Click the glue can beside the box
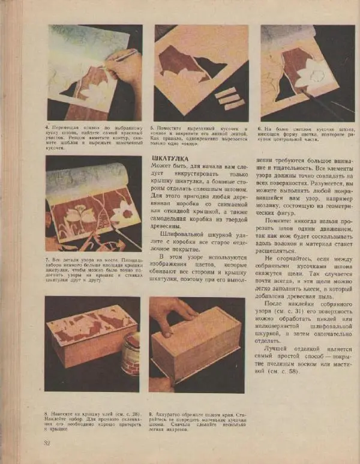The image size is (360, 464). point(130,355)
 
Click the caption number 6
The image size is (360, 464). point(259,128)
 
